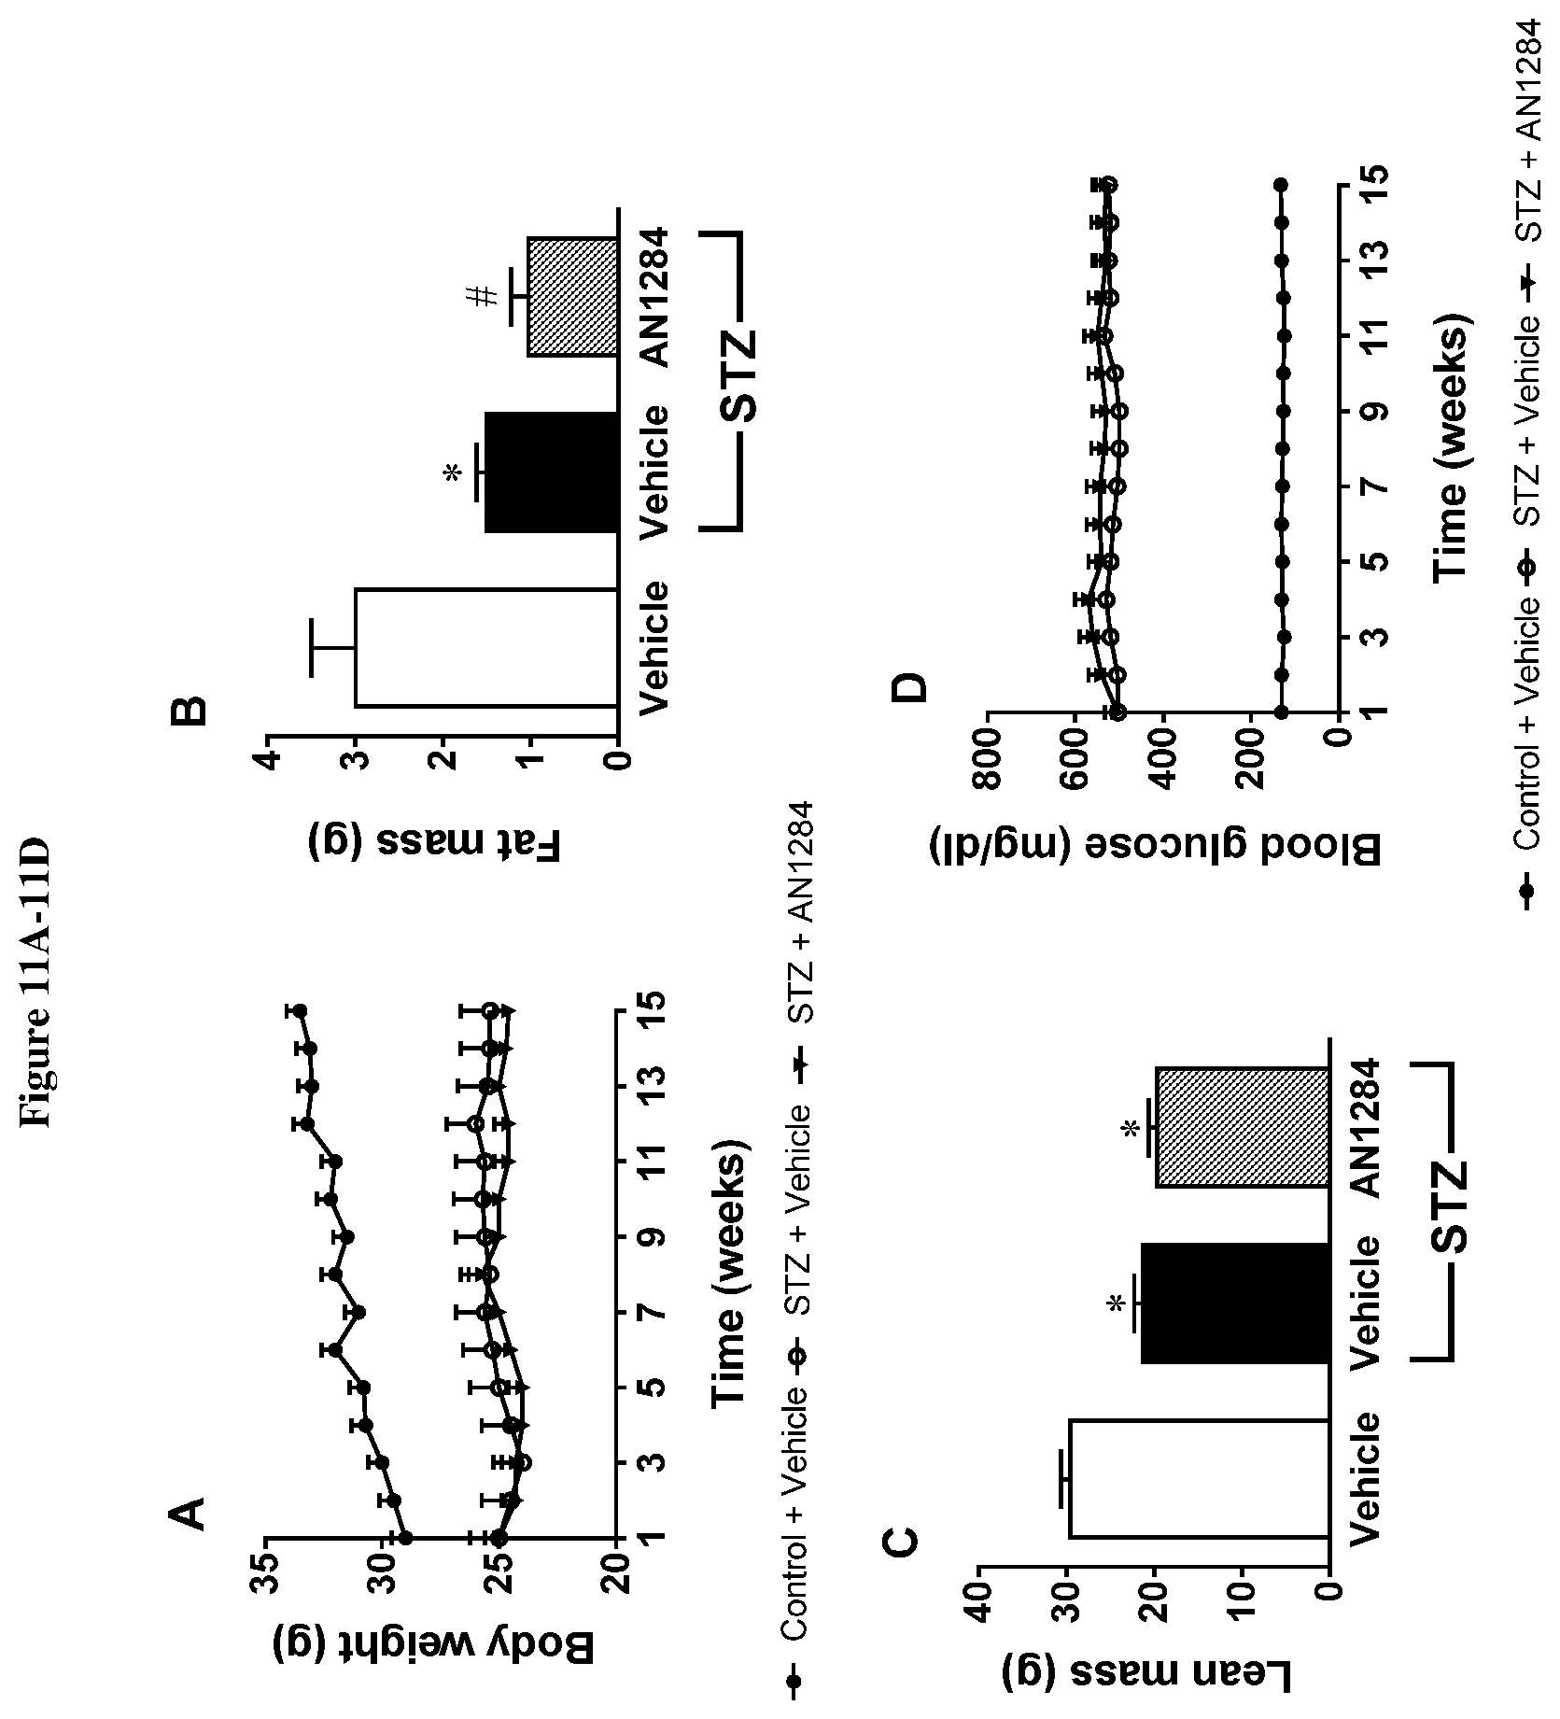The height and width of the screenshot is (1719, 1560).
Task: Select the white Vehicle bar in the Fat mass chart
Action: pyautogui.click(x=485, y=647)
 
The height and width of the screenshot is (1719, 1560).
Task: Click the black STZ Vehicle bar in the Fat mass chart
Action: pyautogui.click(x=551, y=472)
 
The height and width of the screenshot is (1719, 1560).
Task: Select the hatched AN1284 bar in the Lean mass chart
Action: pyautogui.click(x=1244, y=1127)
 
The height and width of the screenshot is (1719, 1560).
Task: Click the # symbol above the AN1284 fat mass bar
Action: pyautogui.click(x=482, y=298)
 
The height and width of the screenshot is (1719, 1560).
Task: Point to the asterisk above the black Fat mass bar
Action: pyautogui.click(x=454, y=473)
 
